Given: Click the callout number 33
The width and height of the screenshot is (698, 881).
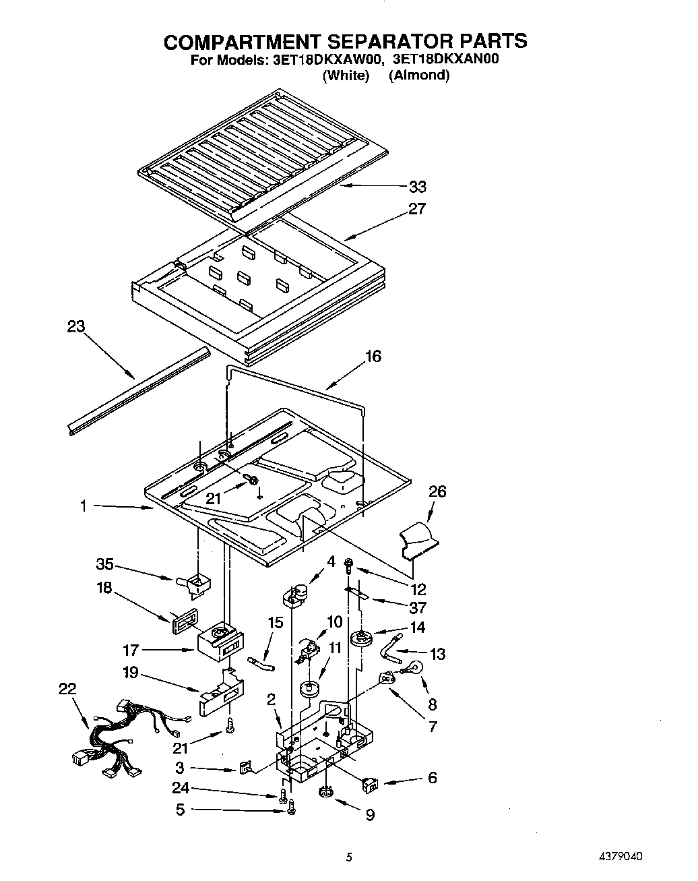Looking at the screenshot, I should tap(417, 187).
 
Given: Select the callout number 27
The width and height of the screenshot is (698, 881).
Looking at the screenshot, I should tap(417, 209).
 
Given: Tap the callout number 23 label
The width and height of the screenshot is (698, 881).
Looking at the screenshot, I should tap(76, 327).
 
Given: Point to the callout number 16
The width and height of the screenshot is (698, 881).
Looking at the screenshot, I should tap(373, 356).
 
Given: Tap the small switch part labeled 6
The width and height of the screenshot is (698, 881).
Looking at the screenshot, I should tap(370, 784).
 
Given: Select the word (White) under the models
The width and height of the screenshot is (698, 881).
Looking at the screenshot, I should tap(346, 75).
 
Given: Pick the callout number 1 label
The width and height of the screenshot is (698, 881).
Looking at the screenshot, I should tap(84, 506).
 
